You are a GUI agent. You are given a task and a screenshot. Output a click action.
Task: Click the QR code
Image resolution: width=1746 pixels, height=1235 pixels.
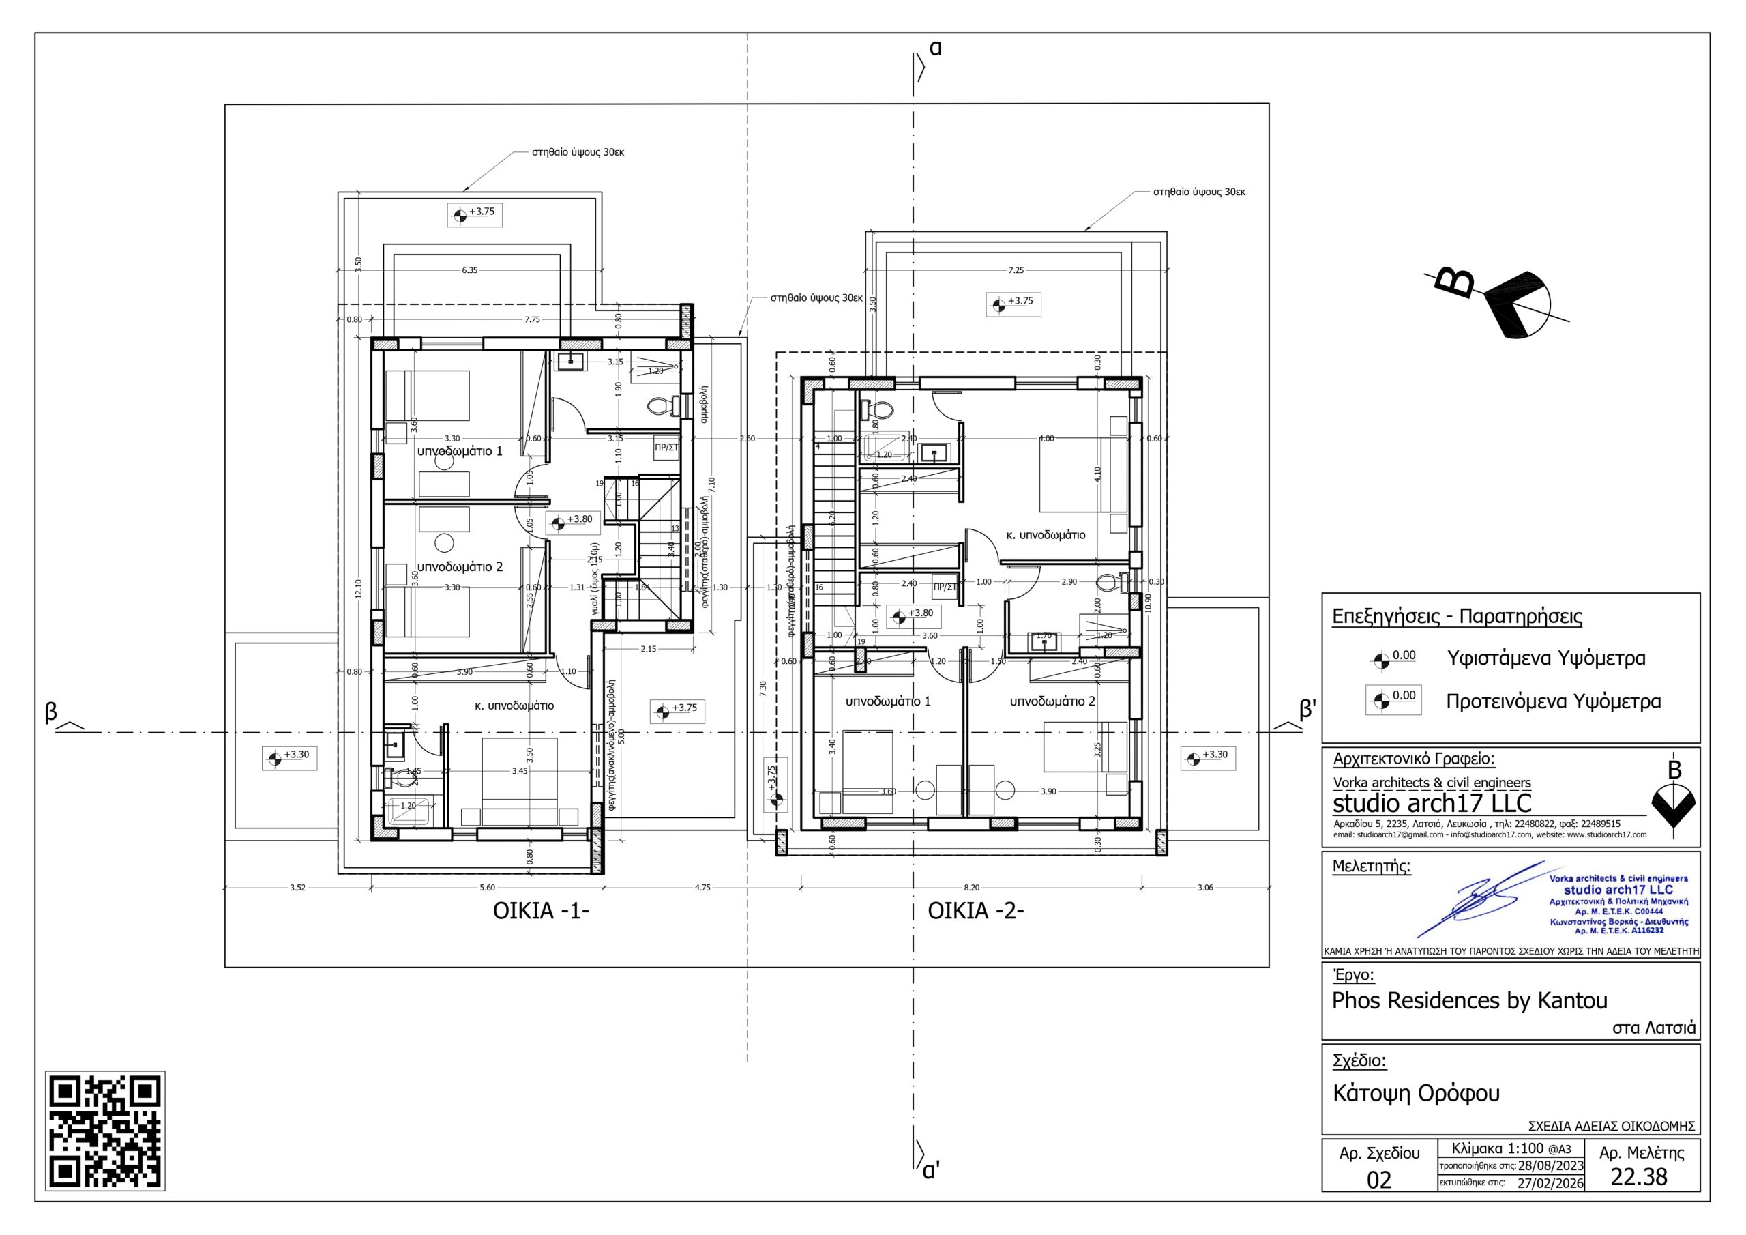(106, 1130)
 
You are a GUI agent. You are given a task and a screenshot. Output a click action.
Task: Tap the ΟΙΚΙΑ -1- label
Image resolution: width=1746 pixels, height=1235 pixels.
(541, 911)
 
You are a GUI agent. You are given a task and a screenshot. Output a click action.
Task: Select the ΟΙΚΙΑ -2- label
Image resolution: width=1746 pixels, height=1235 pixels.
(976, 911)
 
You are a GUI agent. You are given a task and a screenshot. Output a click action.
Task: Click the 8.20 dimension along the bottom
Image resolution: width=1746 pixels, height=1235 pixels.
(971, 887)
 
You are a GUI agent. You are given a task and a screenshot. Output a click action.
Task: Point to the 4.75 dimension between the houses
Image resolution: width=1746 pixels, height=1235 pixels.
(702, 887)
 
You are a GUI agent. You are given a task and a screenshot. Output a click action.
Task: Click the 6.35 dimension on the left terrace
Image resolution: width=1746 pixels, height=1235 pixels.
(469, 270)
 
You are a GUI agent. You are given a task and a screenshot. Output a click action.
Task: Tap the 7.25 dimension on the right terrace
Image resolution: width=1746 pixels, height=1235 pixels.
(1016, 270)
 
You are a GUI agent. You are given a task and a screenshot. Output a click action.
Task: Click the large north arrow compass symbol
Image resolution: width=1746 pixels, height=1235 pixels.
(1513, 305)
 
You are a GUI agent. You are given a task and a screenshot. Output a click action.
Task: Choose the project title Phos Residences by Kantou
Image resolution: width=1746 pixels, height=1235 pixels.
(1469, 1000)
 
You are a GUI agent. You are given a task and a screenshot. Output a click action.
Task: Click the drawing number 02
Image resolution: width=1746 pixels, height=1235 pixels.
(1378, 1180)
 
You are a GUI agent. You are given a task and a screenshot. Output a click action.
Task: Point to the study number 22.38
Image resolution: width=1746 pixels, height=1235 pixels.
(1639, 1176)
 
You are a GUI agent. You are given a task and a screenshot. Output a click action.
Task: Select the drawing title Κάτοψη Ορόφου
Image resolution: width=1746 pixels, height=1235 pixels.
(1416, 1094)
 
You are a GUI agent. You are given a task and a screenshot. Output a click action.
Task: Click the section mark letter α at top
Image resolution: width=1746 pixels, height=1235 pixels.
(935, 48)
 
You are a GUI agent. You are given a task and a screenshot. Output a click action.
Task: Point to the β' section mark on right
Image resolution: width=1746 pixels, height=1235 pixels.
(1307, 709)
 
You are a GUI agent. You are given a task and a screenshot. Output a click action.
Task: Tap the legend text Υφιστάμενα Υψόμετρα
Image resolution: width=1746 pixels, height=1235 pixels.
(1546, 658)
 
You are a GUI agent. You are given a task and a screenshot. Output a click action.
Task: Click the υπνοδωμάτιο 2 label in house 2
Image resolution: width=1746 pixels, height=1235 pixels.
(1052, 701)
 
